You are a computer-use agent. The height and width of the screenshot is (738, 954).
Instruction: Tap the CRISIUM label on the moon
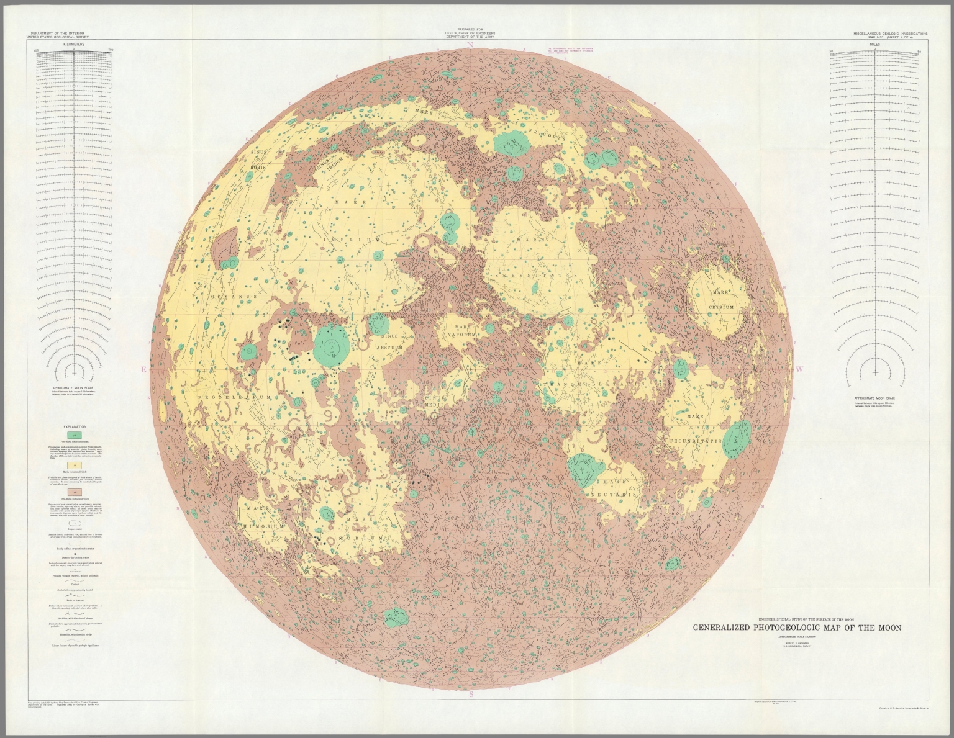(x=722, y=307)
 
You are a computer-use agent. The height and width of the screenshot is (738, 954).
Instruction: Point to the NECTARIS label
(x=617, y=495)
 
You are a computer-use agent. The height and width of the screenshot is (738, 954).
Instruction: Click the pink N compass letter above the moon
(x=471, y=45)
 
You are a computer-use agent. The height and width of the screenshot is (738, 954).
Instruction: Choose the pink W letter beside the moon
(x=799, y=369)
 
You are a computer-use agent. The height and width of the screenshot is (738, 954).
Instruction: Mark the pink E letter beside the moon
(x=143, y=369)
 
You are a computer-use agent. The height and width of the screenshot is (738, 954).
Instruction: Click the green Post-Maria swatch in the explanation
(x=75, y=436)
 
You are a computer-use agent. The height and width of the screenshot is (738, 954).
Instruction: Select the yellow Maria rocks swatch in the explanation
(x=75, y=464)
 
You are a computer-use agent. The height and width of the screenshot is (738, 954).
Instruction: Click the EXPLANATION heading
(x=75, y=427)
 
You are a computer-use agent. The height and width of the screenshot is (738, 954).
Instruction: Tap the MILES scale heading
(x=874, y=45)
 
